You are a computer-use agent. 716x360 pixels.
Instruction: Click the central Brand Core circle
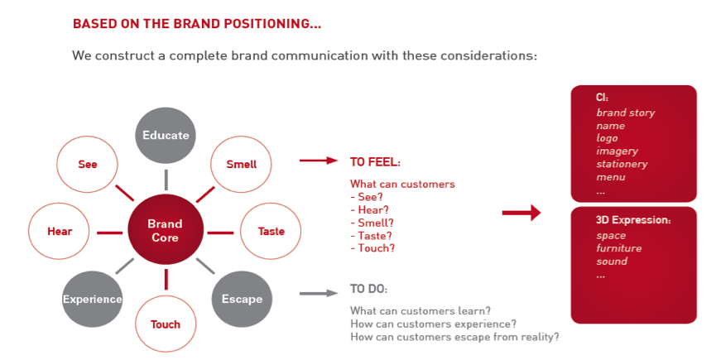pos(166,230)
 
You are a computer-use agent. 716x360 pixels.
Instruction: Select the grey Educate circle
pos(166,136)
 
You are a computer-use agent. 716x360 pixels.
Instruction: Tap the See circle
pos(87,164)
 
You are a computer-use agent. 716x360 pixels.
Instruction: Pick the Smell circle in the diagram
pos(241,164)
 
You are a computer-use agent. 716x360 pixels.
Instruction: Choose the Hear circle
pos(60,232)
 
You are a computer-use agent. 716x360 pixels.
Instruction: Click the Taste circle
pos(271,232)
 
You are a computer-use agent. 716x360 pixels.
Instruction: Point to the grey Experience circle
pos(92,300)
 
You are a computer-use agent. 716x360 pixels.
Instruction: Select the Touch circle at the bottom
pos(166,324)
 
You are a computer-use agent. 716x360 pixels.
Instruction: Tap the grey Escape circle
pos(242,300)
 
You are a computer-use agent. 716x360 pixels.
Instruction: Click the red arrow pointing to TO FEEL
pos(319,161)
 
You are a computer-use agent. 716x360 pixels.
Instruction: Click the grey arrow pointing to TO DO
pos(319,294)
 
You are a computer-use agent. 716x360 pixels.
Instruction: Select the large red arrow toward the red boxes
pos(521,213)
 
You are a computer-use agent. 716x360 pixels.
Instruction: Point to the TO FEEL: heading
pos(375,162)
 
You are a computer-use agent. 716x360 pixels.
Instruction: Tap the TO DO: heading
pos(368,290)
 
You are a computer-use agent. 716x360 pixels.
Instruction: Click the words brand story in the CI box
pos(626,113)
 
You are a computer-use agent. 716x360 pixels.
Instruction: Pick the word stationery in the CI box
pos(622,164)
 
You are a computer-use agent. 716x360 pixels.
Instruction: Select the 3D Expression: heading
pos(633,220)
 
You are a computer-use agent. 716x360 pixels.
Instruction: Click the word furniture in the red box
pos(618,248)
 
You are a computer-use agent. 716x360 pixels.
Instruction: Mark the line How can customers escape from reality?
pos(454,337)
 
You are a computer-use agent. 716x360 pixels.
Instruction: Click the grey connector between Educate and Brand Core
pos(166,180)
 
